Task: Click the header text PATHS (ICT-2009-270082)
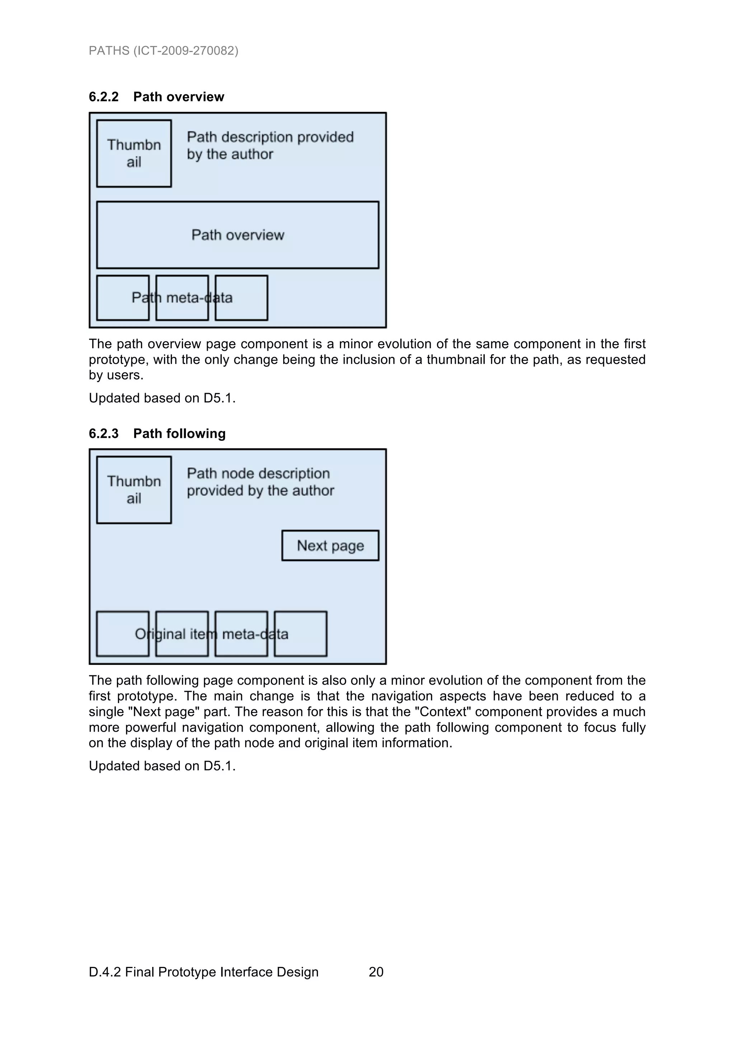[x=164, y=51]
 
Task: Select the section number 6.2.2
[x=104, y=97]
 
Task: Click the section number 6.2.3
[x=104, y=434]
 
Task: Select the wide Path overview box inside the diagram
[x=237, y=235]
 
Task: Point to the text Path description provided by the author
[x=270, y=145]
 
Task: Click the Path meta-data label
[x=182, y=298]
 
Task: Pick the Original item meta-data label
[x=211, y=634]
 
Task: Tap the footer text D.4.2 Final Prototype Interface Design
[x=203, y=972]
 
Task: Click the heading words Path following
[x=179, y=434]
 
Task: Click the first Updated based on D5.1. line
[x=162, y=398]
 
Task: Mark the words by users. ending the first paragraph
[x=116, y=375]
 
